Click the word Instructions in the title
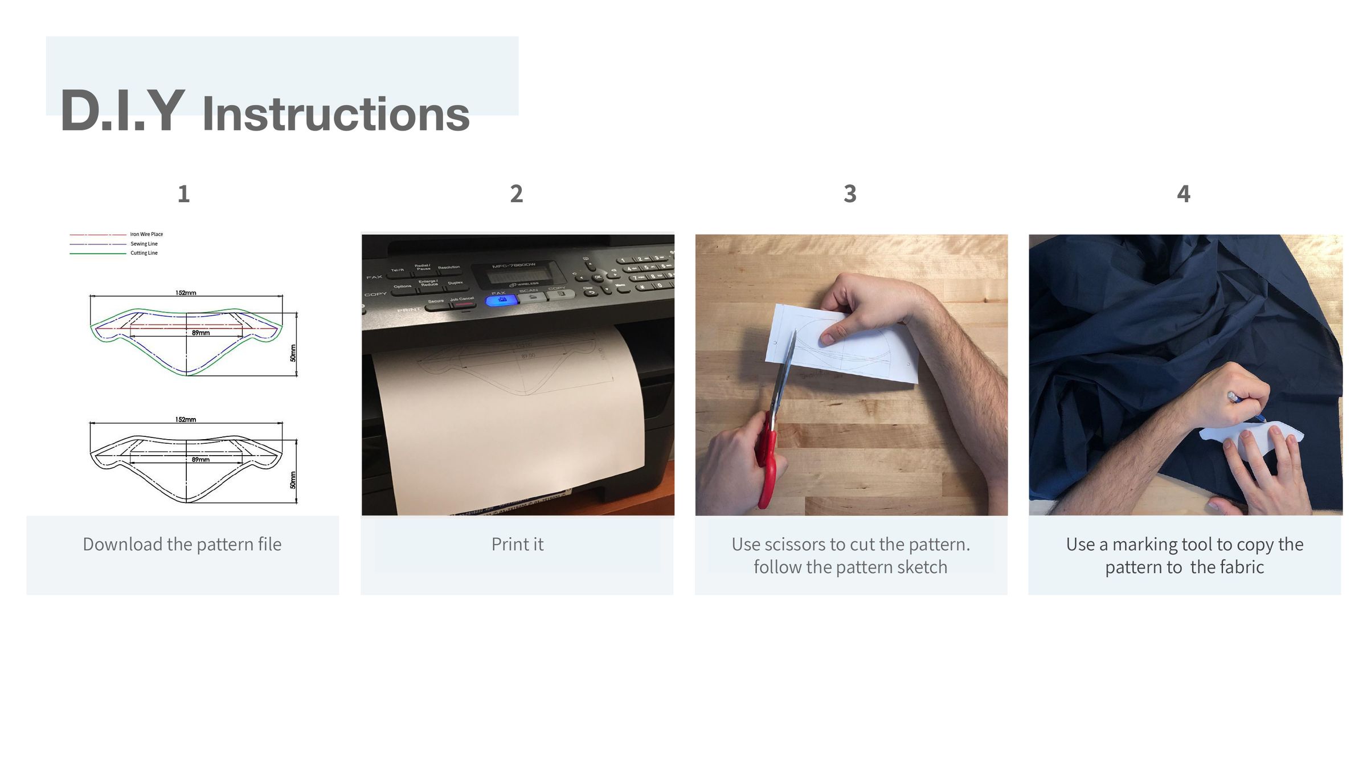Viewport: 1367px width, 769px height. pos(336,114)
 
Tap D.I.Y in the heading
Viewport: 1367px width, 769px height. pos(122,112)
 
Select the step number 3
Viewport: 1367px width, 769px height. pos(850,194)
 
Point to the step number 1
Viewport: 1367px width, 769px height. pos(183,194)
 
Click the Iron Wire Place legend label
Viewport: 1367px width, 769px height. pos(146,234)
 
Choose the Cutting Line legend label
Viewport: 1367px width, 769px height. pos(144,253)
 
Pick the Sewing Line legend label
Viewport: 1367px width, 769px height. pos(144,244)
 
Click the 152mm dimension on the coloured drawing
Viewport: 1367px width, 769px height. pos(186,293)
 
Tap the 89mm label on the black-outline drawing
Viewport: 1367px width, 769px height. pos(200,460)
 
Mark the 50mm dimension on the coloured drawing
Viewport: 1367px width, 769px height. pos(293,353)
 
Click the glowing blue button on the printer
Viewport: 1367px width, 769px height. pos(501,300)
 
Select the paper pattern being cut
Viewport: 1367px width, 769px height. pos(843,347)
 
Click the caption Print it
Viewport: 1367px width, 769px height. pos(517,545)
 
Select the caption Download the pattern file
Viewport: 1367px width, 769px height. pos(182,545)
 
